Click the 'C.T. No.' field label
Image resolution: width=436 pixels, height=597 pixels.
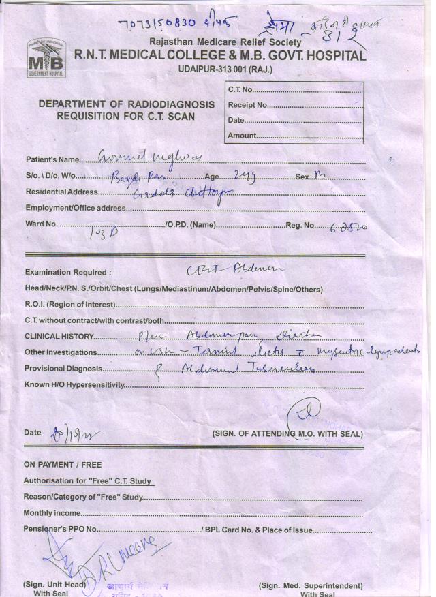[241, 90]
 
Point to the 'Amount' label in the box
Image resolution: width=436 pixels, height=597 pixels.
[243, 136]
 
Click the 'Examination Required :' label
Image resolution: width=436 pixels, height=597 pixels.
[67, 273]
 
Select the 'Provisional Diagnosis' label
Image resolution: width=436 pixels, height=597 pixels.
[64, 369]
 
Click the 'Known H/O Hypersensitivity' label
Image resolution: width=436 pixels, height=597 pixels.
[74, 385]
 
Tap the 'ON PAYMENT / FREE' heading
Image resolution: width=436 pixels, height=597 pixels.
[62, 465]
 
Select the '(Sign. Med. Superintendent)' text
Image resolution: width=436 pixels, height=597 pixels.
[310, 585]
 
